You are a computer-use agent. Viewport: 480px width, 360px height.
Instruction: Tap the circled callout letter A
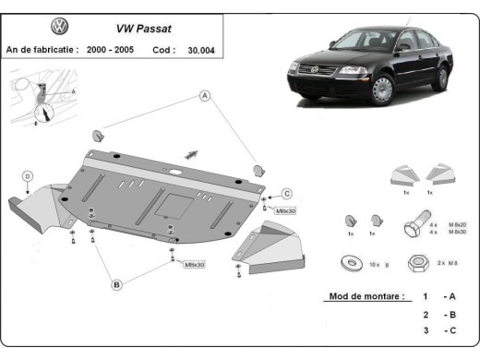[205, 96]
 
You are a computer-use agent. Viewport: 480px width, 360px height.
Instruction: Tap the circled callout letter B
[117, 284]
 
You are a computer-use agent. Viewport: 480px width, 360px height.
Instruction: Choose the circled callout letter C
[287, 193]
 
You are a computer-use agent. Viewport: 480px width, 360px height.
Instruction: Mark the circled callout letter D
[29, 176]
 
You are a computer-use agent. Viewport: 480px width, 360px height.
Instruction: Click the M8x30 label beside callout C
[285, 210]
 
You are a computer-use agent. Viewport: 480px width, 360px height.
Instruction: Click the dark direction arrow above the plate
[193, 152]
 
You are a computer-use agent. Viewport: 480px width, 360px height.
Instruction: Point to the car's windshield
[364, 42]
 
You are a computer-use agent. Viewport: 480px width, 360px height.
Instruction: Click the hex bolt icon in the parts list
[413, 225]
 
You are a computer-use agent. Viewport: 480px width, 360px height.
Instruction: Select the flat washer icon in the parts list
[352, 264]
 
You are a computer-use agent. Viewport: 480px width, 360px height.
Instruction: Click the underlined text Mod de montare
[367, 296]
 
